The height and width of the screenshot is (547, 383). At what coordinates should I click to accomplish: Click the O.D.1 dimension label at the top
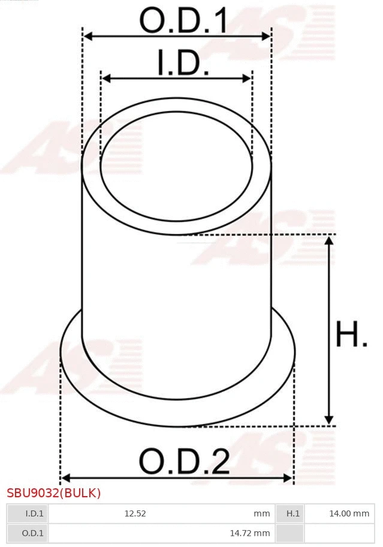coord(183,21)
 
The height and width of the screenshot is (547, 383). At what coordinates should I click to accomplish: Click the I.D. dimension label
coord(183,63)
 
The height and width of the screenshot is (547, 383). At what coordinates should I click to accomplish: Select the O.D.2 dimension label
coord(184,462)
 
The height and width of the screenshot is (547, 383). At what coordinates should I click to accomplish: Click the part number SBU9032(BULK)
coord(54,493)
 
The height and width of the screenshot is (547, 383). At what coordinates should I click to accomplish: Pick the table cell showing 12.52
coord(135,513)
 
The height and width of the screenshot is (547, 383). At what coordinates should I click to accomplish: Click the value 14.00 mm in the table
coord(349,513)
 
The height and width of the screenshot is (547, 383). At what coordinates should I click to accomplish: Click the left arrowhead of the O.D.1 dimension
coord(88,37)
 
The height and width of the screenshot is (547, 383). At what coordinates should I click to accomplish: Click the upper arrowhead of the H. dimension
coord(328,240)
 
